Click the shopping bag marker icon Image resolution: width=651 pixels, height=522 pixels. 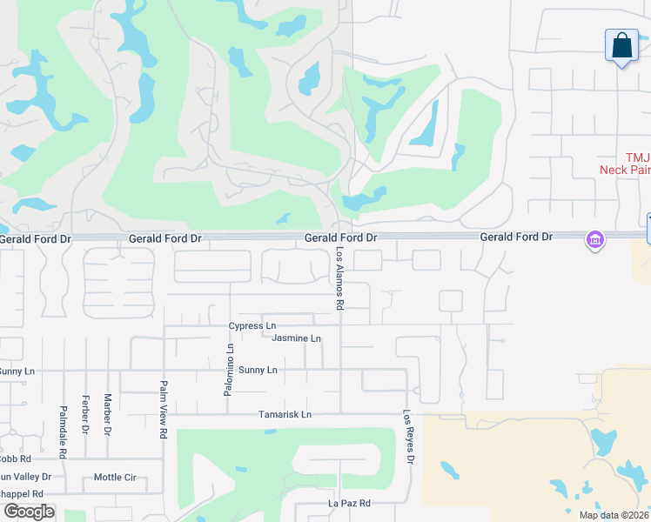point(622,46)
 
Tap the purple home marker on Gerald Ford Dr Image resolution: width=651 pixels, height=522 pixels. point(595,239)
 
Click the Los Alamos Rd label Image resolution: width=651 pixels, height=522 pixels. point(340,278)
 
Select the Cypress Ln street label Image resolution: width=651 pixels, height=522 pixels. point(252,325)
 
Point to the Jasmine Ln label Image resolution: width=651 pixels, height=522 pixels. point(297,338)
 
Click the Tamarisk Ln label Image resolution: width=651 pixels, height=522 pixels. point(285,414)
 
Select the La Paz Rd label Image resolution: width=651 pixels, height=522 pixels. point(349,504)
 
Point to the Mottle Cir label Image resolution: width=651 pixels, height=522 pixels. point(115,477)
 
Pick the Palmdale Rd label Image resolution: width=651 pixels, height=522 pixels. point(64,432)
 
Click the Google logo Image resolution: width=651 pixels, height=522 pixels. point(28,512)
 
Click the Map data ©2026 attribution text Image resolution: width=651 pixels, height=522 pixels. point(614,515)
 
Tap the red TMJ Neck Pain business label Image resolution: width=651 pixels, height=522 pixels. point(625,164)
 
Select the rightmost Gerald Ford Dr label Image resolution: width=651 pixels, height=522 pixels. point(517,237)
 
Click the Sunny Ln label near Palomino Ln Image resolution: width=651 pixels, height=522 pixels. point(258,370)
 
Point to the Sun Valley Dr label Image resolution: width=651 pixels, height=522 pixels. point(26,477)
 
